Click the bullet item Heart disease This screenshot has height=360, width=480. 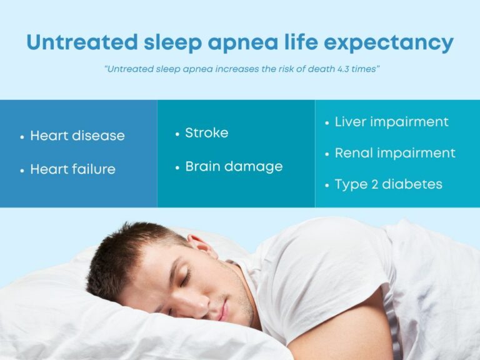tap(77, 136)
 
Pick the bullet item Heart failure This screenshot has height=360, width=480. tap(72, 169)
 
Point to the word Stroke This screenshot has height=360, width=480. tap(206, 132)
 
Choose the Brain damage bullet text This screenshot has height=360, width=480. tap(234, 166)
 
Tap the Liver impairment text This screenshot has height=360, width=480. tap(391, 122)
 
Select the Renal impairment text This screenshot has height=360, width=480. tap(395, 153)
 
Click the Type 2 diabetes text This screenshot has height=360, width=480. tap(388, 184)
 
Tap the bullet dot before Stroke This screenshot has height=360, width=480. tap(177, 133)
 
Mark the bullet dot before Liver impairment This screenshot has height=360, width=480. tap(327, 122)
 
